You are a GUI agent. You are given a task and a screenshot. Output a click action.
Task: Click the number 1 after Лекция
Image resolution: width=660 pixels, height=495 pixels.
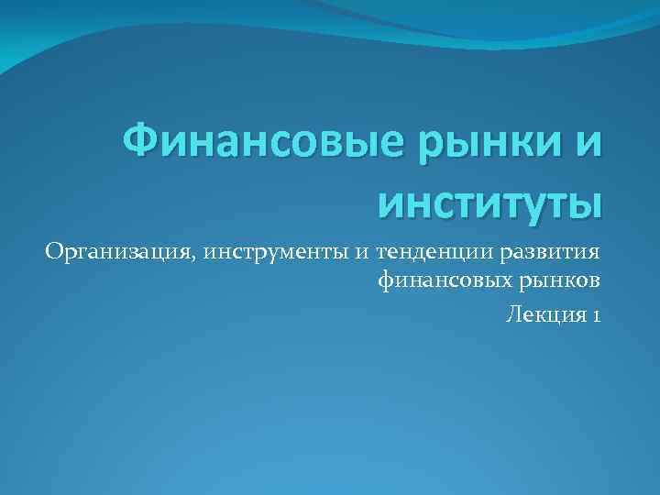click(596, 314)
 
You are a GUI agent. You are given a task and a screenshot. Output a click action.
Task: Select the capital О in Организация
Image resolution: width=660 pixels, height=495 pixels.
click(53, 250)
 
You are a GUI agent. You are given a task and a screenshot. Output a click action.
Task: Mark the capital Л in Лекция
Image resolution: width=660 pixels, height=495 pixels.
click(511, 313)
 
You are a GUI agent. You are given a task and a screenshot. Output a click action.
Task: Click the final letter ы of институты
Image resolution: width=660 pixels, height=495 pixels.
click(587, 201)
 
